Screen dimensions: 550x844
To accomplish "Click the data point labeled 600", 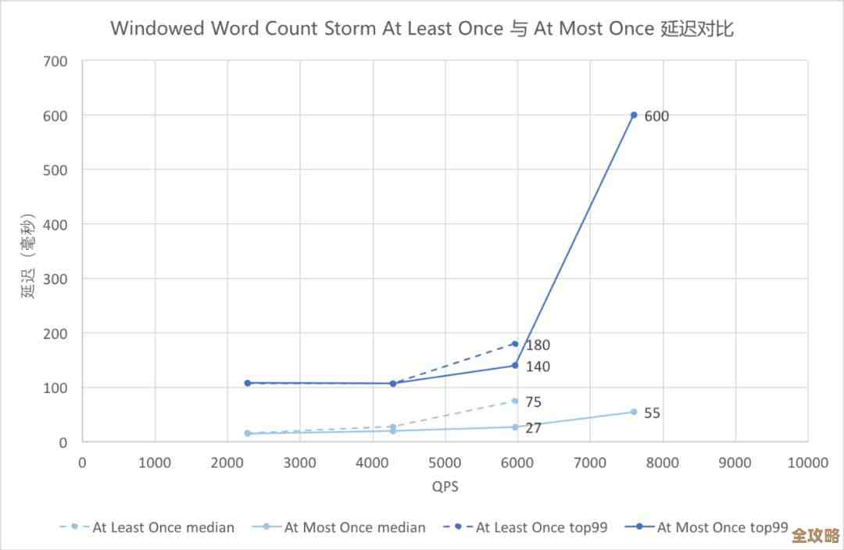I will [634, 115].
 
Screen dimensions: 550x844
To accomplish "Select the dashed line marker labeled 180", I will [515, 344].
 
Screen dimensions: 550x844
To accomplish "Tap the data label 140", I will [538, 366].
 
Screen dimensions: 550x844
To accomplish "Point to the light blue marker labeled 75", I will [515, 401].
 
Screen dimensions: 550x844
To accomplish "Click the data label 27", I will [533, 428].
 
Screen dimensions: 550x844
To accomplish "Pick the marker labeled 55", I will [634, 412].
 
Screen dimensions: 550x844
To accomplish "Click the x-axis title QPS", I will [445, 487].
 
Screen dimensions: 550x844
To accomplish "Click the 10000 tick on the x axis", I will [807, 462].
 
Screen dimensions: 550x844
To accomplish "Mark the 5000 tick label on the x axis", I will [445, 462].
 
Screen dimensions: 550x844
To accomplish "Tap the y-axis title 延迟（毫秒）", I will [28, 255].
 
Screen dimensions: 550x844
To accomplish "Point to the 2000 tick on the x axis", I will [227, 462].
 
